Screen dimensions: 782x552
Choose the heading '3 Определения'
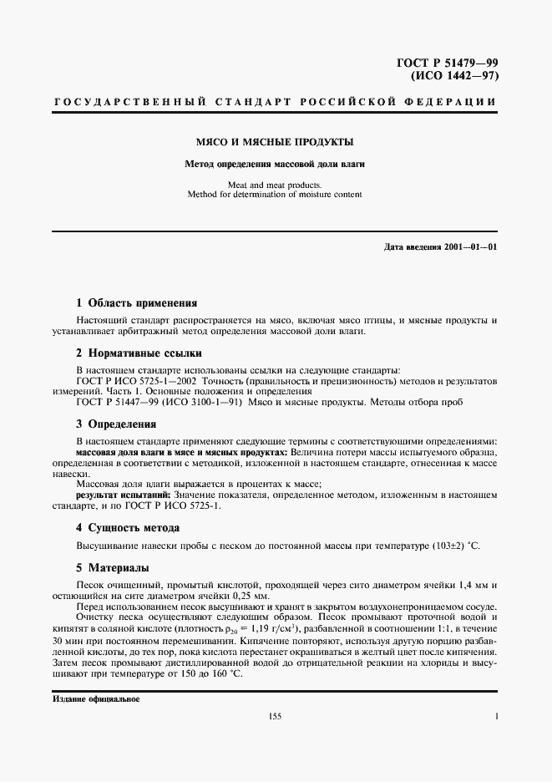pyautogui.click(x=116, y=424)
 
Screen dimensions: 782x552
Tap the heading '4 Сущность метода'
pyautogui.click(x=128, y=528)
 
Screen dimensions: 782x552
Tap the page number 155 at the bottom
pyautogui.click(x=276, y=717)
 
